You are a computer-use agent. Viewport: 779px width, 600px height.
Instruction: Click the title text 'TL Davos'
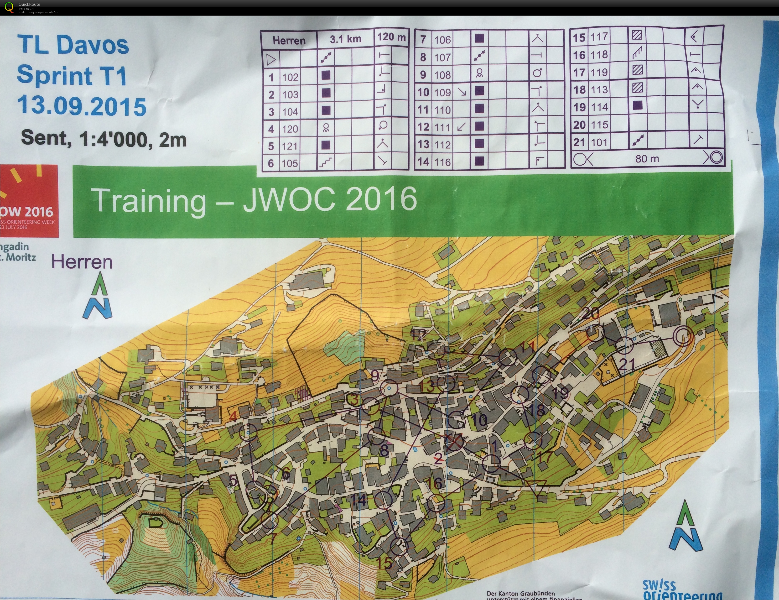73,45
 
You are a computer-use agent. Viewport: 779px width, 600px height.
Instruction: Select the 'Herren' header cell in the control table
289,40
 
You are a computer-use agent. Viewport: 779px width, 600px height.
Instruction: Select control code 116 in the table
442,162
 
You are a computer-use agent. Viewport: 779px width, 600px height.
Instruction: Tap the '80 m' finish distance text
647,158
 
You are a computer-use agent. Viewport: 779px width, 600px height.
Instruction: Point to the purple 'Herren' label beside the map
82,262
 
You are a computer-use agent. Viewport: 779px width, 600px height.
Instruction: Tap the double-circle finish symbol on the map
683,336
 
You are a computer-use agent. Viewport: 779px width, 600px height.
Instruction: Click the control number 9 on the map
375,375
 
